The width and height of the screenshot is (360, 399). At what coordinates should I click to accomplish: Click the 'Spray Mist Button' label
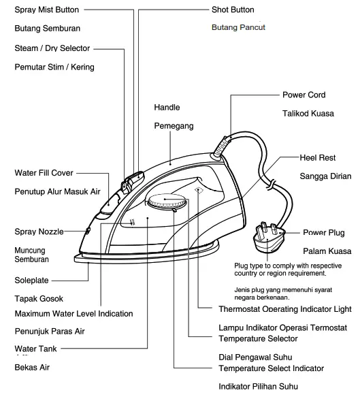pos(47,10)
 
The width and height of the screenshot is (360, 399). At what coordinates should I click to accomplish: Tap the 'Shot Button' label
pos(233,10)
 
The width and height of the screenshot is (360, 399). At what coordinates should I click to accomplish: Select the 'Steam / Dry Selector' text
pos(52,48)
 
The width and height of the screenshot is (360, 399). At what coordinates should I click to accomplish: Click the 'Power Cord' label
pos(304,95)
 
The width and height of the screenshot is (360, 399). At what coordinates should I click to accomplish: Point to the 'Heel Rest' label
pos(318,158)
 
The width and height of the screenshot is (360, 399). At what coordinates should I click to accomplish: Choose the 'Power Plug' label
pos(323,233)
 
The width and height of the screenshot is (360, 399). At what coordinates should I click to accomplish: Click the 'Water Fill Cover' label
pos(44,173)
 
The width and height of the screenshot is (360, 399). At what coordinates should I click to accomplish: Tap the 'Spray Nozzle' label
pos(39,232)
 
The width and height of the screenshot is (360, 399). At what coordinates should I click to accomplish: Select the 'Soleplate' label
pos(32,280)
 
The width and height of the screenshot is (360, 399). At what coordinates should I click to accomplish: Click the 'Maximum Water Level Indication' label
pos(73,314)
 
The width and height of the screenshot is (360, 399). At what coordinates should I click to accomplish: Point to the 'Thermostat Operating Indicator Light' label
pos(284,309)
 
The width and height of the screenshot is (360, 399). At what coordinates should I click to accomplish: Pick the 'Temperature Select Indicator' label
pos(271,368)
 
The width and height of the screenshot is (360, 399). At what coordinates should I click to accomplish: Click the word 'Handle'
pos(167,108)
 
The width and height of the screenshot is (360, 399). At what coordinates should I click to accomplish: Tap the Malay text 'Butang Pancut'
pos(238,28)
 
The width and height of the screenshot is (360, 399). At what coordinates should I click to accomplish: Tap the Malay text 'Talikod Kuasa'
pos(308,114)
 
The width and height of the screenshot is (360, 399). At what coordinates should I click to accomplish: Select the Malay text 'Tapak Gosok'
pos(39,298)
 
